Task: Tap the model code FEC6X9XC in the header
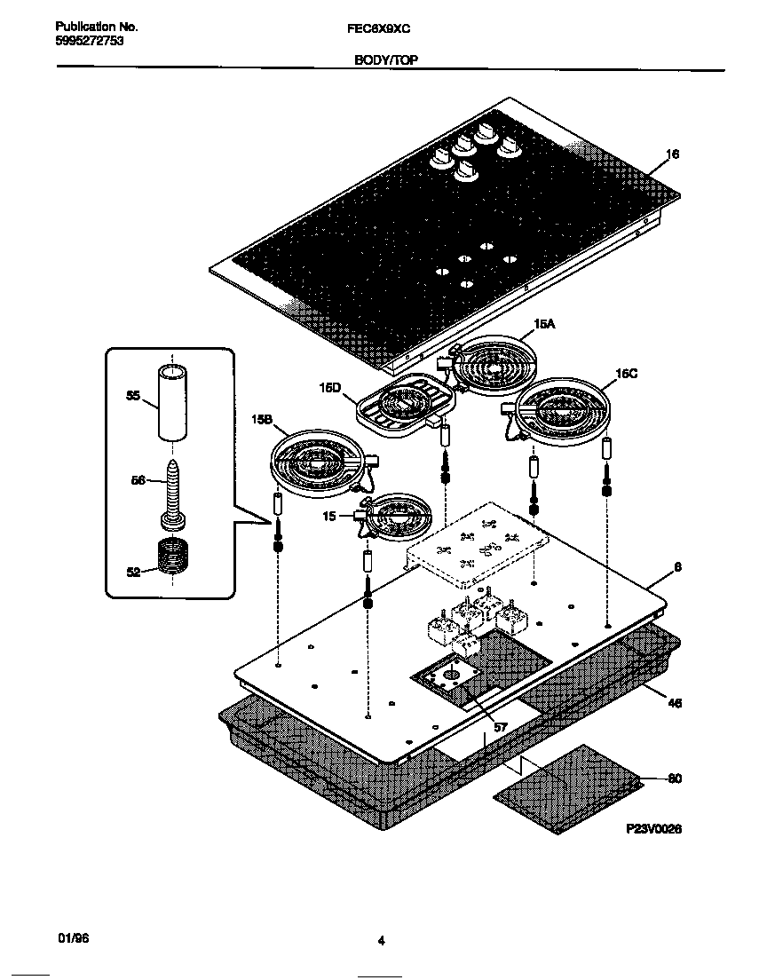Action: point(378,28)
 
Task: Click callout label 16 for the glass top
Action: point(672,154)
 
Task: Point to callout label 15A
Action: point(544,324)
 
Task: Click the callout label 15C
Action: point(627,374)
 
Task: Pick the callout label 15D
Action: point(330,388)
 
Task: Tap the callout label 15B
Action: point(262,421)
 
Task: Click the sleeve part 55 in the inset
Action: point(171,401)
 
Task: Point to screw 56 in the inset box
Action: point(171,495)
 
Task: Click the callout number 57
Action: point(501,727)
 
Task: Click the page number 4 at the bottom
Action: point(380,942)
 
